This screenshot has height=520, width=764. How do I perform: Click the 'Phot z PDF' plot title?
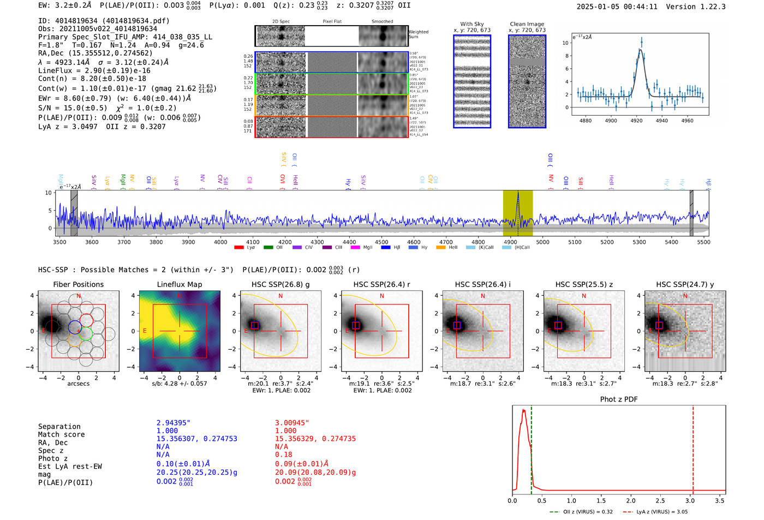pyautogui.click(x=619, y=399)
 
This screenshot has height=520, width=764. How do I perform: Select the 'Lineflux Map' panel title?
pyautogui.click(x=179, y=284)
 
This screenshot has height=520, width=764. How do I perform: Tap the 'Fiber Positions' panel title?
pyautogui.click(x=78, y=284)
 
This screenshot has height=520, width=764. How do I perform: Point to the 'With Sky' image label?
pyautogui.click(x=471, y=24)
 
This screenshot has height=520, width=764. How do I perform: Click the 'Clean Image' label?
pyautogui.click(x=527, y=24)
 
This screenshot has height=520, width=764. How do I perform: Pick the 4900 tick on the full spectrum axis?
pyautogui.click(x=510, y=242)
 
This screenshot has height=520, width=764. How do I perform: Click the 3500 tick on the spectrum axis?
pyautogui.click(x=59, y=242)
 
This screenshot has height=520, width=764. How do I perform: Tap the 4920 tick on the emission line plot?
pyautogui.click(x=636, y=121)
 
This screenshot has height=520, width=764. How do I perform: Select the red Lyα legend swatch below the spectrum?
pyautogui.click(x=238, y=247)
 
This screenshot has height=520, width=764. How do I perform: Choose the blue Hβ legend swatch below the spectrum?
pyautogui.click(x=386, y=247)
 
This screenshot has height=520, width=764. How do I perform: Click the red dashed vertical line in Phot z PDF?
pyautogui.click(x=693, y=447)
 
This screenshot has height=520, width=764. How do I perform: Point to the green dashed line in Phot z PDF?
pyautogui.click(x=531, y=447)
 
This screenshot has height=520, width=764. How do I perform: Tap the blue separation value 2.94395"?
pyautogui.click(x=174, y=423)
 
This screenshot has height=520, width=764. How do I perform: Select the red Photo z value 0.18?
pyautogui.click(x=284, y=455)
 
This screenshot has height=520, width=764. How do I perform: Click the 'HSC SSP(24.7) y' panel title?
pyautogui.click(x=685, y=284)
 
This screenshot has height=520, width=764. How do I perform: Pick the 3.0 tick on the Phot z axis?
pyautogui.click(x=690, y=500)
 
